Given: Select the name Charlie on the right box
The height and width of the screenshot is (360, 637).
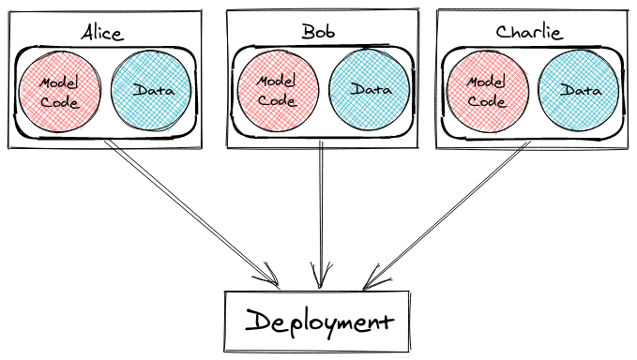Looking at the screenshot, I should pyautogui.click(x=528, y=32).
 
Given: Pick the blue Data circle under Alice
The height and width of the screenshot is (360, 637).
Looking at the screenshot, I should pyautogui.click(x=150, y=91).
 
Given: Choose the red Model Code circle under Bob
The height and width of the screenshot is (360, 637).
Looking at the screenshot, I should pyautogui.click(x=276, y=91).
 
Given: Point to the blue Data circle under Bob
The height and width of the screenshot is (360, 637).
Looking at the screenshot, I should pyautogui.click(x=370, y=90).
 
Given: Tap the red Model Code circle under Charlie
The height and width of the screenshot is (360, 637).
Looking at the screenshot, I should pyautogui.click(x=487, y=91).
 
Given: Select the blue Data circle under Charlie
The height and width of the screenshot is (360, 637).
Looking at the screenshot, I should pyautogui.click(x=580, y=91).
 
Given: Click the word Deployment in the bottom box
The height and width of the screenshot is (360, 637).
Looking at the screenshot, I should pyautogui.click(x=318, y=322).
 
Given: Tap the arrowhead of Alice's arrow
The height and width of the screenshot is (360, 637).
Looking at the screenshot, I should pyautogui.click(x=272, y=279).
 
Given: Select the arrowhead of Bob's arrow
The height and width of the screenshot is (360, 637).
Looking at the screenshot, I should pyautogui.click(x=323, y=279).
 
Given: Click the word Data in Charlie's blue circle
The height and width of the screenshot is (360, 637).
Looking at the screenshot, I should pyautogui.click(x=580, y=91).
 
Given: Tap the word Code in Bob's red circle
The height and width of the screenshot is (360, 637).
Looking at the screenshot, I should pyautogui.click(x=276, y=99).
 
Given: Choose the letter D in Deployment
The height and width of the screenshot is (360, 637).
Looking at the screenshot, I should pyautogui.click(x=255, y=322).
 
